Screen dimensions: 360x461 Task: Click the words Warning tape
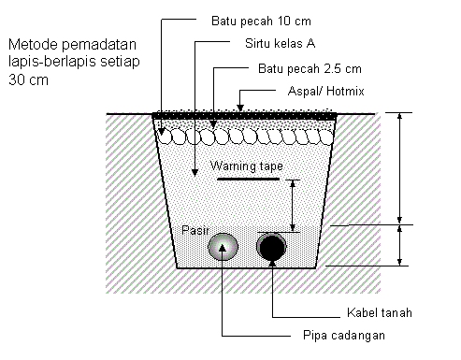[247, 166]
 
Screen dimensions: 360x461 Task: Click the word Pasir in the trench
[194, 229]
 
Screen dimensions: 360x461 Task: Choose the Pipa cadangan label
[345, 335]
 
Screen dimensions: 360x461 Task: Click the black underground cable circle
[272, 247]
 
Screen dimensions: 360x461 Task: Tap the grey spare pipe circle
[223, 247]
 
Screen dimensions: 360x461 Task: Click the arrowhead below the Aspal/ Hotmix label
[240, 105]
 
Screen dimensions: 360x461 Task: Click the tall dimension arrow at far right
[400, 168]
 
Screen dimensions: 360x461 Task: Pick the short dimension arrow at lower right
[400, 245]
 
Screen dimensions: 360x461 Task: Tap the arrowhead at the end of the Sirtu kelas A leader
[194, 172]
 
